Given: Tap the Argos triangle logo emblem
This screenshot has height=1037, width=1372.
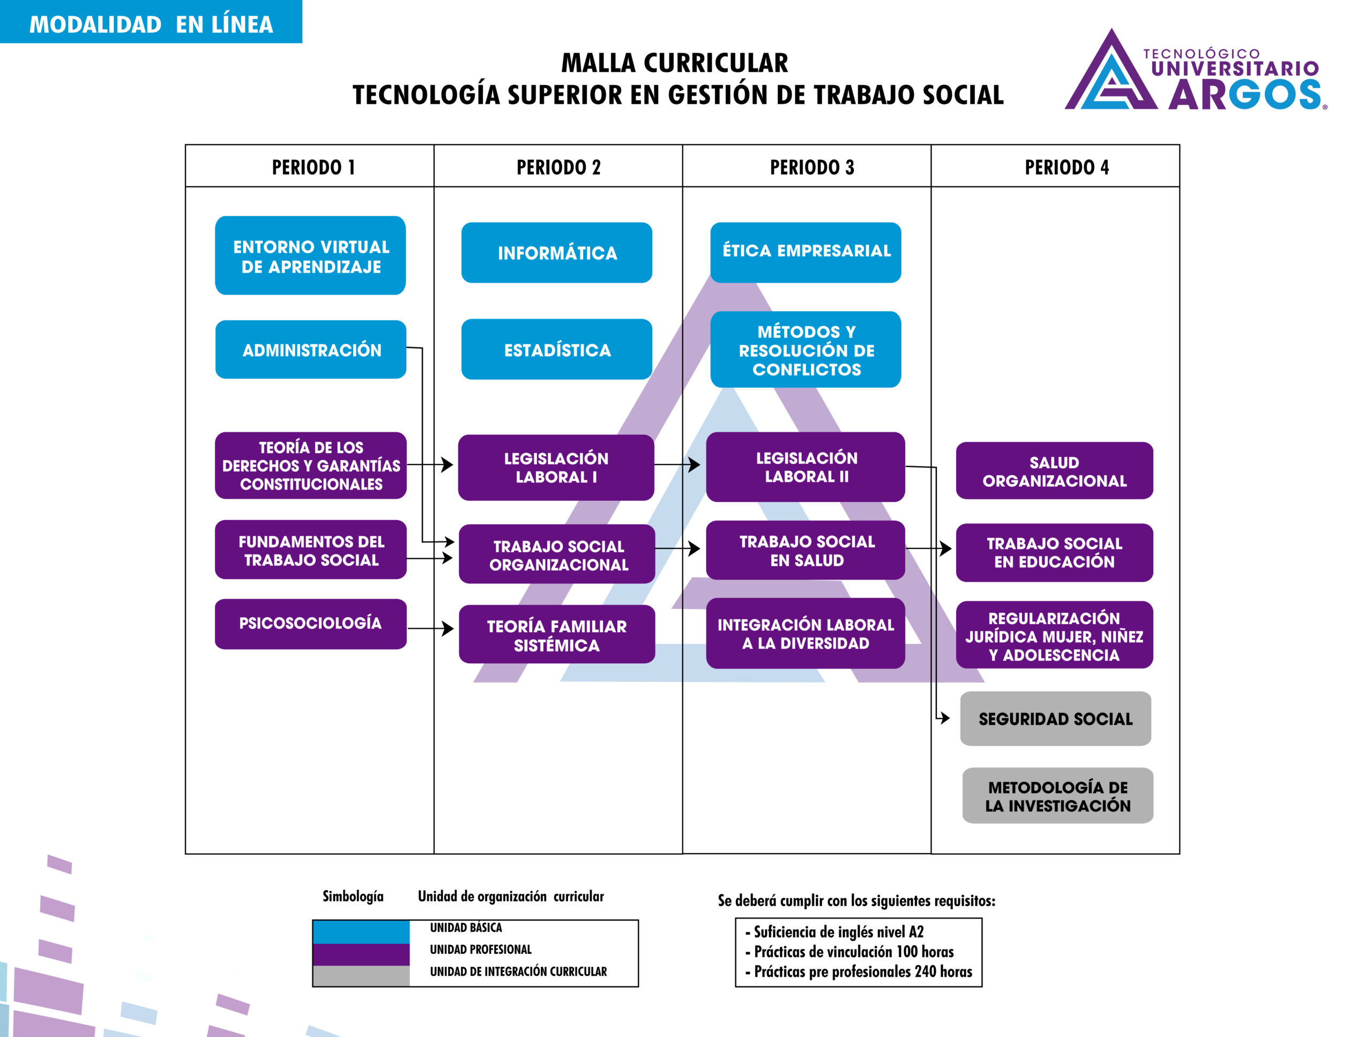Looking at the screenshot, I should click(x=1111, y=73).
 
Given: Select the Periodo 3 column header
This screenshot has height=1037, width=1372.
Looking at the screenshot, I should click(x=811, y=167).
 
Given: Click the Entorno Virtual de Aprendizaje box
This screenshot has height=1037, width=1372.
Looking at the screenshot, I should click(x=310, y=256).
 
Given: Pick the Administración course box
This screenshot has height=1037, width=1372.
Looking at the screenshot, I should click(x=310, y=350).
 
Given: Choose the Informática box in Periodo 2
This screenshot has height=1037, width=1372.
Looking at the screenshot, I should click(x=556, y=253).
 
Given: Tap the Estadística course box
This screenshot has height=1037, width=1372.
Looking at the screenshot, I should click(x=556, y=350).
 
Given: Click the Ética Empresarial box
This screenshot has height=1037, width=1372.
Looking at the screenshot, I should click(x=805, y=251).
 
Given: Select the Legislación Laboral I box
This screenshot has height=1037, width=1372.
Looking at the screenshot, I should click(x=556, y=468).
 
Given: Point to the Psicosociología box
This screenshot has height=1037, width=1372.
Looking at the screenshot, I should click(x=310, y=623).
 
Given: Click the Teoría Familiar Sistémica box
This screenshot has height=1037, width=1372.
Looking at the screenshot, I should click(x=556, y=635).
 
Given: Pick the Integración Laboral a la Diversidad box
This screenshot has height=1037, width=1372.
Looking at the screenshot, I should click(x=805, y=634).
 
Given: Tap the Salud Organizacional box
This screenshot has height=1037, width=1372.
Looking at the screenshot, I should click(x=1054, y=471).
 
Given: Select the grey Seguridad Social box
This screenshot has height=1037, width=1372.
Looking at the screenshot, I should click(x=1055, y=719).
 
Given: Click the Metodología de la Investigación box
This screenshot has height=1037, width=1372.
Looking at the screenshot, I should click(x=1057, y=796).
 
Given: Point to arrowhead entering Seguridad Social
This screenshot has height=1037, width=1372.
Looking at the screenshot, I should click(x=945, y=718).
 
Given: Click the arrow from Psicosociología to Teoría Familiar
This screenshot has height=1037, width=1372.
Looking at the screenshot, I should click(x=430, y=628).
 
